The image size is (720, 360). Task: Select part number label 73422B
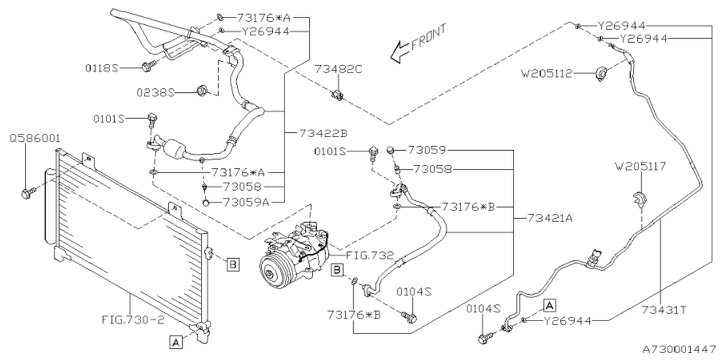tap(323, 133)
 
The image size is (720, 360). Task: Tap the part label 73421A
tap(550, 219)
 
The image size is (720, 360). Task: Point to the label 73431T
tap(664, 310)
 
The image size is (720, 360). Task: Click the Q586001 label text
tap(35, 138)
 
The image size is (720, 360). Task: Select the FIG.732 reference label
tap(370, 256)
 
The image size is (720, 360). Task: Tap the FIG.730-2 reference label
tap(133, 320)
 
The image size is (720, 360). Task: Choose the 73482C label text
tap(338, 69)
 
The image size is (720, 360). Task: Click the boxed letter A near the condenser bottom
tap(176, 343)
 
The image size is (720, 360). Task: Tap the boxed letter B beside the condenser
tap(233, 265)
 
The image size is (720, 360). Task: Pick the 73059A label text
tap(246, 202)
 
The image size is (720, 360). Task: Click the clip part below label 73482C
tap(337, 96)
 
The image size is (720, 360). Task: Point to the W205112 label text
tap(547, 74)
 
